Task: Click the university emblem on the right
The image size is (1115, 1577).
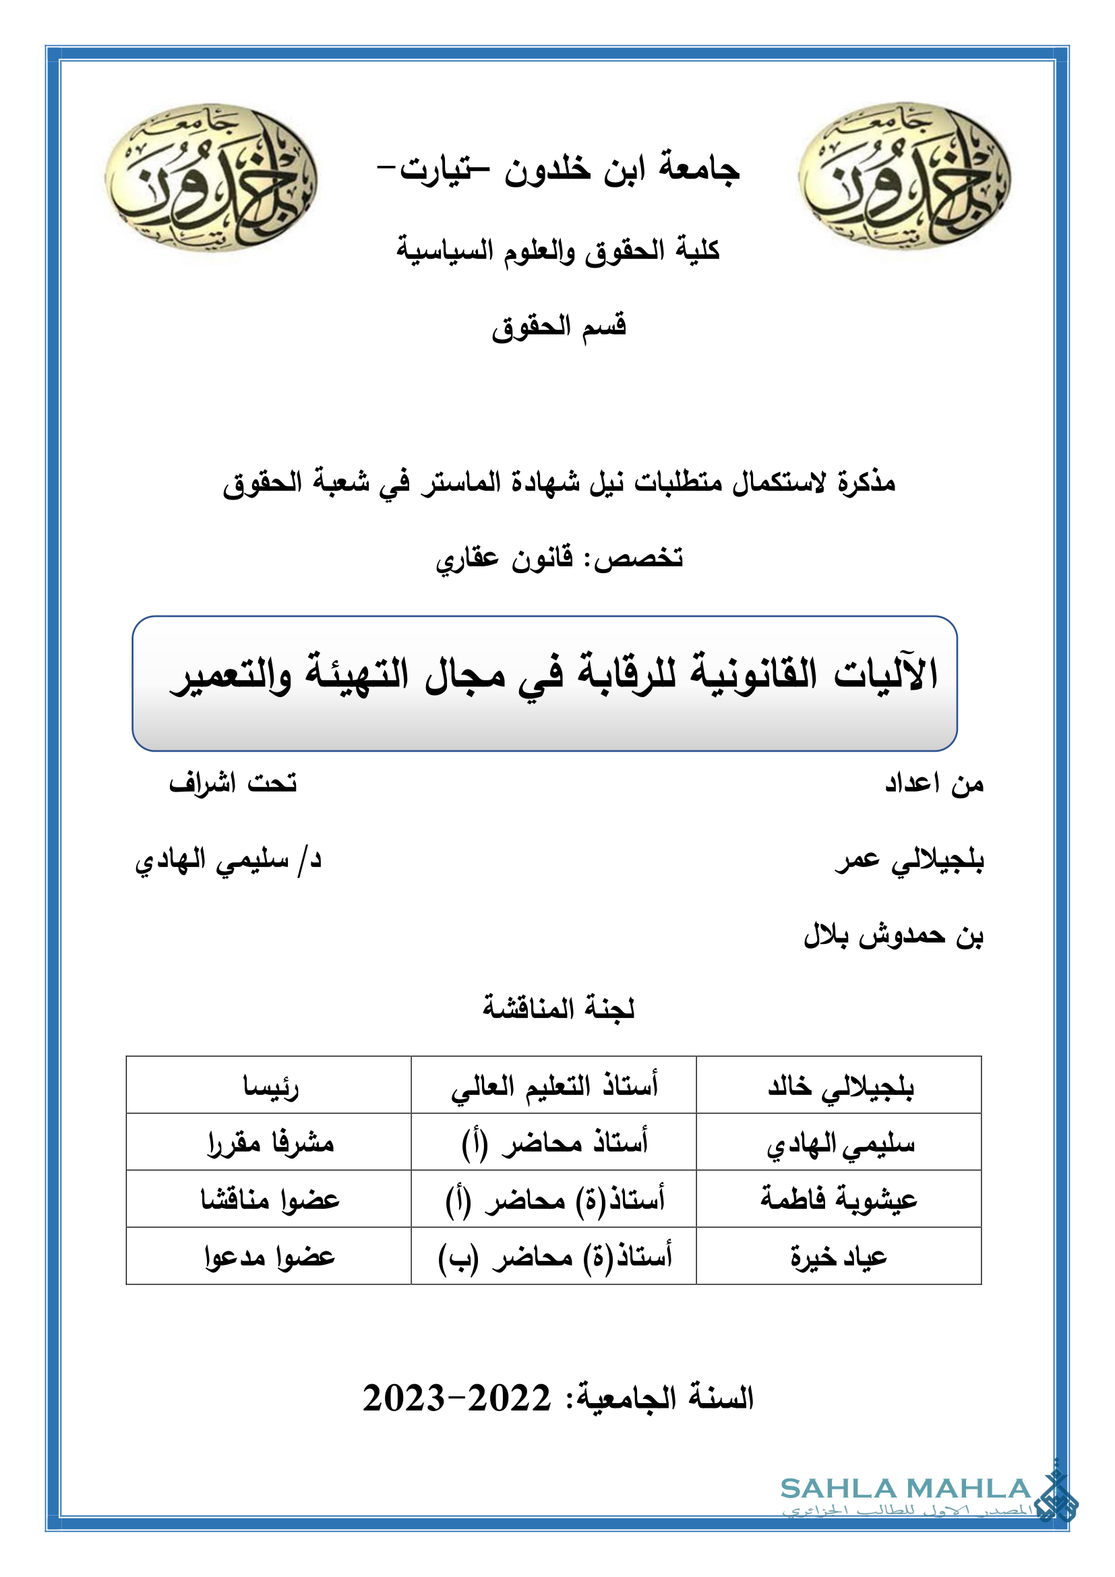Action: tap(904, 176)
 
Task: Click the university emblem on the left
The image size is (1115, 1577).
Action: tap(211, 177)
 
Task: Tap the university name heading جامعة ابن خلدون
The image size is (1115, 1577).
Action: tap(558, 169)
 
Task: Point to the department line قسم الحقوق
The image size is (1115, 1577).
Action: tap(558, 326)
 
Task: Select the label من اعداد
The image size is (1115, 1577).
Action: tap(934, 783)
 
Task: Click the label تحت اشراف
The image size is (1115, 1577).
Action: tap(233, 783)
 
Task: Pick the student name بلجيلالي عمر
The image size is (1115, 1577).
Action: tap(909, 860)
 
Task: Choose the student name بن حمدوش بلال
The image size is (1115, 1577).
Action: tap(893, 936)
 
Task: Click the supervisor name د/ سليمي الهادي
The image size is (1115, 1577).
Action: tap(228, 860)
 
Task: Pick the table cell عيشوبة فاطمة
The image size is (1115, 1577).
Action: tap(839, 1200)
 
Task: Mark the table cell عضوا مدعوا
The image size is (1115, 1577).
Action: tap(269, 1257)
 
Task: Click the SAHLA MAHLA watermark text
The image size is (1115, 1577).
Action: tap(905, 1489)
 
